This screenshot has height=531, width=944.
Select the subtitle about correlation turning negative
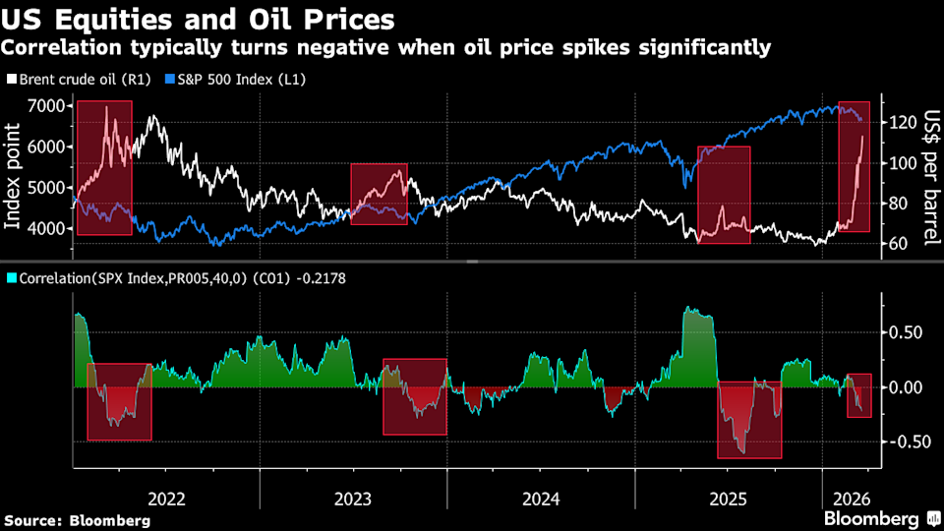(387, 47)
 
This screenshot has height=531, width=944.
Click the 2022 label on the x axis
(165, 499)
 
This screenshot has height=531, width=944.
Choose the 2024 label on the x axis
(541, 499)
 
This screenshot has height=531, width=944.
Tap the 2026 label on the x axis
(848, 499)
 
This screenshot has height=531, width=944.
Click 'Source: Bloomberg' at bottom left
(77, 519)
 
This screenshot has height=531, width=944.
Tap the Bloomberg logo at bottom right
(879, 518)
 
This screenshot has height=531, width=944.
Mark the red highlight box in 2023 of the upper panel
(379, 194)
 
